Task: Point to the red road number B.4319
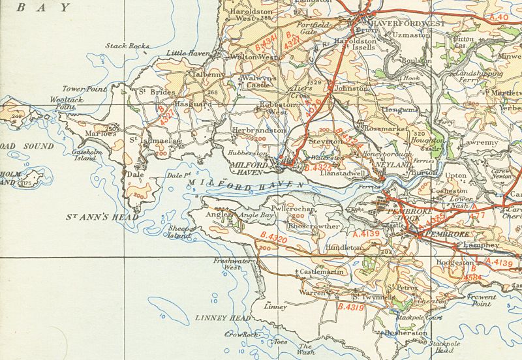(x=350, y=306)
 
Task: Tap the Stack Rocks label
(x=127, y=46)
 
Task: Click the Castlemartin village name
(x=322, y=271)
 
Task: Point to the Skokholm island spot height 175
(x=26, y=183)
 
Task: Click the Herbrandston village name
(x=259, y=130)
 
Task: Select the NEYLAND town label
(x=397, y=166)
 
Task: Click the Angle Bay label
(x=258, y=215)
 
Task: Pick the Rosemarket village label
(x=384, y=128)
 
